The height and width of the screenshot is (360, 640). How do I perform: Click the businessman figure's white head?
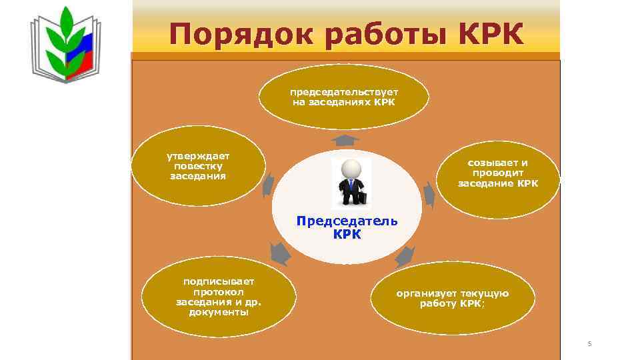[351, 169]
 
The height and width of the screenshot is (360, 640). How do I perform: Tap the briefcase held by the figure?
[363, 197]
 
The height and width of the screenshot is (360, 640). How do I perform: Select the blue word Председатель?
[347, 221]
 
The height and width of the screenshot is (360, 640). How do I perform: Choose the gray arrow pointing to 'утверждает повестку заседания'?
[268, 183]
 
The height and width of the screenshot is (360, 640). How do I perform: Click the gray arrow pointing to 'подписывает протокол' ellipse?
[280, 253]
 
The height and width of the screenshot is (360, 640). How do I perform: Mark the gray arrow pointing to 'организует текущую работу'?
[405, 255]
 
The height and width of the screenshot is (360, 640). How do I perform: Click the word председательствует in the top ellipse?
[343, 92]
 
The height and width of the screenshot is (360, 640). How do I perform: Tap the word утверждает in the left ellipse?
[197, 155]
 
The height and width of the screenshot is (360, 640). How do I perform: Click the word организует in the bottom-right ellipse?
[424, 293]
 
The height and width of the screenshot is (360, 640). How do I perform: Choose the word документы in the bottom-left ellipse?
[219, 312]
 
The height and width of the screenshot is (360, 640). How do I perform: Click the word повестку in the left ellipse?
[198, 165]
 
